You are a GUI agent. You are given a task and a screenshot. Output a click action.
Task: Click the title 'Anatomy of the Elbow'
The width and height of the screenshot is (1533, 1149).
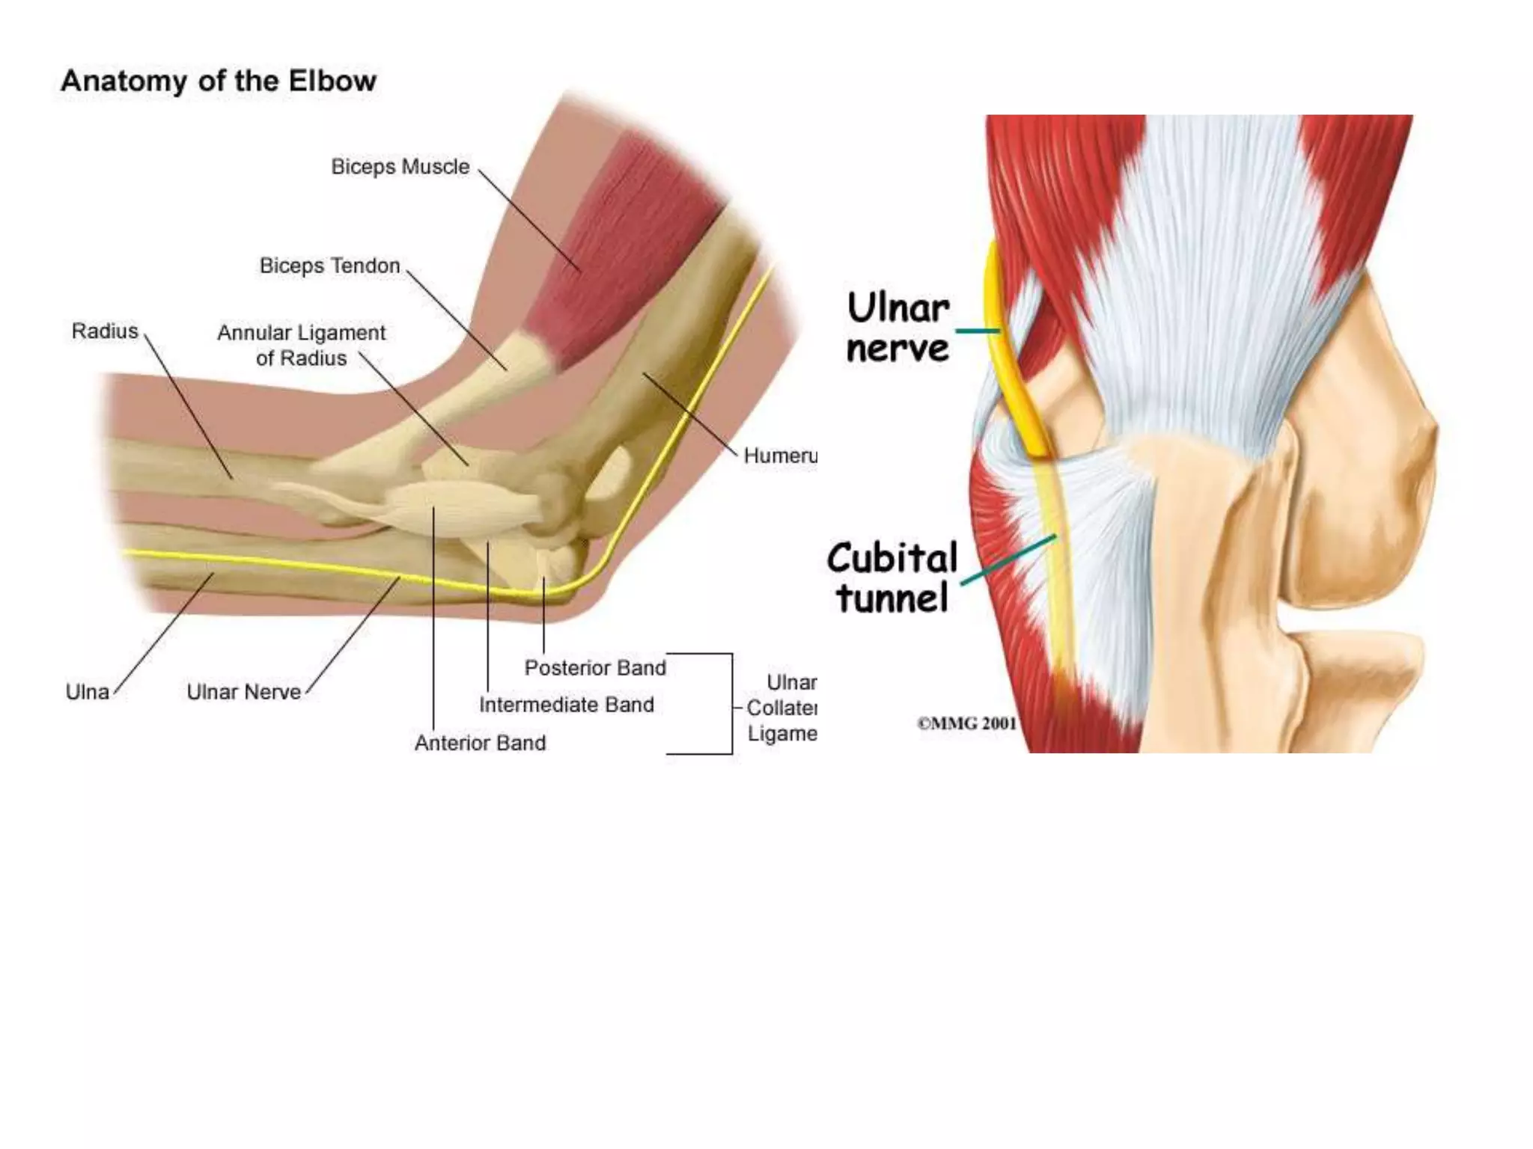pyautogui.click(x=219, y=81)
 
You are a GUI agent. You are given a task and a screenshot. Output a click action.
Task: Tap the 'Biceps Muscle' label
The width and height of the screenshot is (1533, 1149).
pyautogui.click(x=400, y=167)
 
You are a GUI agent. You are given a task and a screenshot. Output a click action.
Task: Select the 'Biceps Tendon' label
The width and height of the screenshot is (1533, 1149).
pyautogui.click(x=329, y=266)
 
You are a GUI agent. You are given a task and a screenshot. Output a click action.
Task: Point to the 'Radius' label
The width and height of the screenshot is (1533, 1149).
pyautogui.click(x=105, y=331)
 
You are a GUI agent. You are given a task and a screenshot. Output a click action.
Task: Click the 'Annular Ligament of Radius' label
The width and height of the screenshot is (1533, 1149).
pyautogui.click(x=301, y=345)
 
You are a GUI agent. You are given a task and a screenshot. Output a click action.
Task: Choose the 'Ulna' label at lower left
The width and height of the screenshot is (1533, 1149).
pyautogui.click(x=87, y=692)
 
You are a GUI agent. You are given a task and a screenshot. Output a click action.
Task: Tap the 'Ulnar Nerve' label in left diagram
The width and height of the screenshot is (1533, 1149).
pyautogui.click(x=243, y=692)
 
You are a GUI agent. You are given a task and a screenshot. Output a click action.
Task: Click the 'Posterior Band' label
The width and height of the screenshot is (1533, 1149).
pyautogui.click(x=594, y=667)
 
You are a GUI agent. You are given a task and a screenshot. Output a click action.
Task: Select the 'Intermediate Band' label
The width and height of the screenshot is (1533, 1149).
pyautogui.click(x=566, y=705)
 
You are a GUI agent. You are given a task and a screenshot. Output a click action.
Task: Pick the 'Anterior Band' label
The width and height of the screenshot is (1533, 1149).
pyautogui.click(x=480, y=743)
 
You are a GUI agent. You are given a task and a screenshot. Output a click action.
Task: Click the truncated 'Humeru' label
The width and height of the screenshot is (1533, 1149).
pyautogui.click(x=779, y=456)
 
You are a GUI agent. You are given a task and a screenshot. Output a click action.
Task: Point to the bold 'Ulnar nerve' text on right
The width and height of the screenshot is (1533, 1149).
pyautogui.click(x=897, y=328)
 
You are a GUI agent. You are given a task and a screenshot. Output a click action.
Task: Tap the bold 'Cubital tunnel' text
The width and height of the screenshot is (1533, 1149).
pyautogui.click(x=892, y=577)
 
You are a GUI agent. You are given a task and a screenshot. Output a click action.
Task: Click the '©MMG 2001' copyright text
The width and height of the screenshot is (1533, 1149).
pyautogui.click(x=966, y=723)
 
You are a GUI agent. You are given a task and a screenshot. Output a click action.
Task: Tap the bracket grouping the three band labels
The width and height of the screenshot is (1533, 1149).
pyautogui.click(x=731, y=703)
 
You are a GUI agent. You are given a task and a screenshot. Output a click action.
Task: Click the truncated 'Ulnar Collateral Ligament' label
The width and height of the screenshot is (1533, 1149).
pyautogui.click(x=781, y=708)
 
